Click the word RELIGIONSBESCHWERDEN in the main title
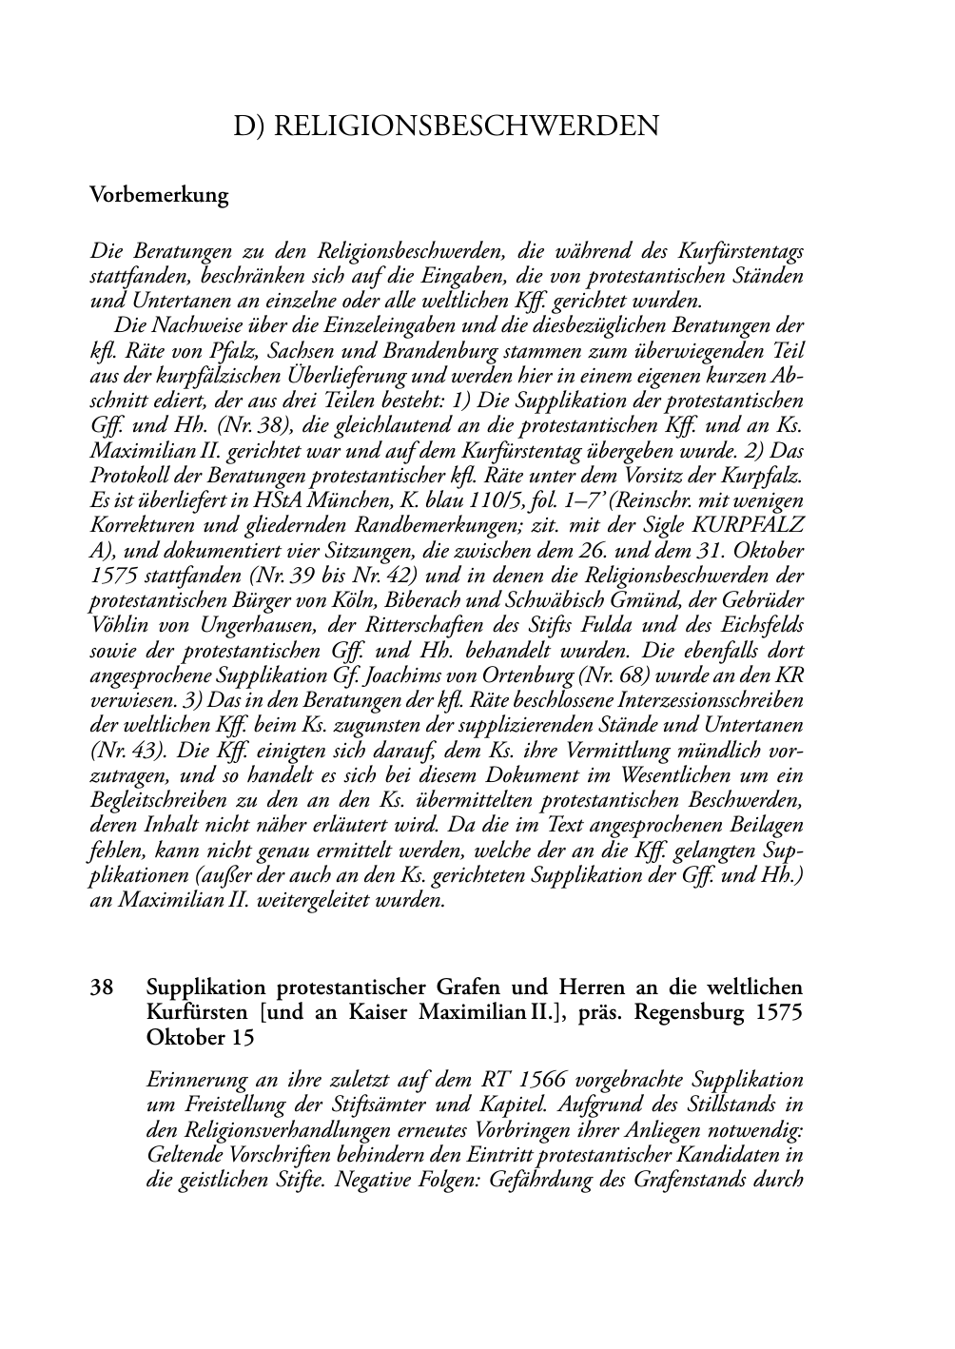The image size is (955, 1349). pos(466,127)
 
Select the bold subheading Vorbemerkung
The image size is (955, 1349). pos(159,196)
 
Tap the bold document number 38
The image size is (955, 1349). pos(102,987)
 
